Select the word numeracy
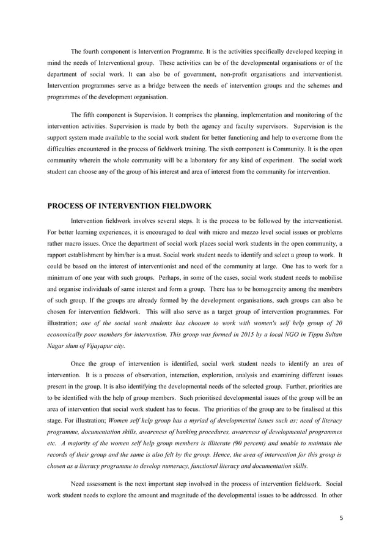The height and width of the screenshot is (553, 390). [180, 464]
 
